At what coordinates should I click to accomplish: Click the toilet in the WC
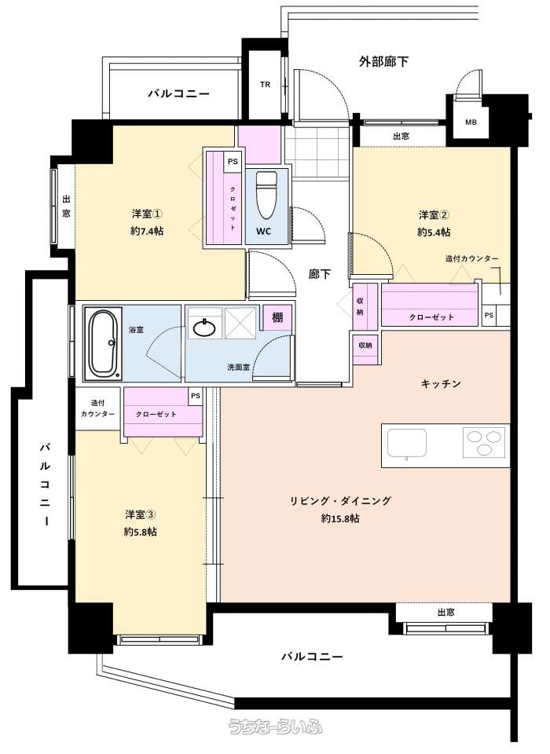tap(266, 195)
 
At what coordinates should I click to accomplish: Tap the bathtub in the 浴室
tap(103, 343)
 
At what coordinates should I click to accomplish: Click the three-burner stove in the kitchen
tap(485, 442)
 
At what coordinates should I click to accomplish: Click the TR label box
tap(265, 85)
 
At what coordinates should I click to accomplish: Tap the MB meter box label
tap(471, 123)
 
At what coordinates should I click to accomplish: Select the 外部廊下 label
tap(383, 61)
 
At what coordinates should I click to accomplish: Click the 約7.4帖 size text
tap(147, 231)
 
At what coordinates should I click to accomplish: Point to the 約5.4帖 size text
tap(434, 232)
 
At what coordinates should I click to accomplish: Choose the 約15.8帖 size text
tap(340, 518)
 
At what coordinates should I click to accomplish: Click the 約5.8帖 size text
tap(140, 532)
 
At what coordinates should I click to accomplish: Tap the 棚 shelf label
tap(277, 317)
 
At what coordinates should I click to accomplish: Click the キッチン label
tap(441, 384)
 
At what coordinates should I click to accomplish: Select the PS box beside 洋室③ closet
tap(196, 396)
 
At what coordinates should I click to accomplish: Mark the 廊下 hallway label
tap(320, 273)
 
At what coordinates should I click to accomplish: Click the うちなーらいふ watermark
tap(275, 727)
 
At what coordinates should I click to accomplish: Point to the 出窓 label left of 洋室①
tap(66, 206)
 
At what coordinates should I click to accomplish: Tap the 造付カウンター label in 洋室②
tap(471, 258)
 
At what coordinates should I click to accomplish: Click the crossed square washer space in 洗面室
tap(241, 323)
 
